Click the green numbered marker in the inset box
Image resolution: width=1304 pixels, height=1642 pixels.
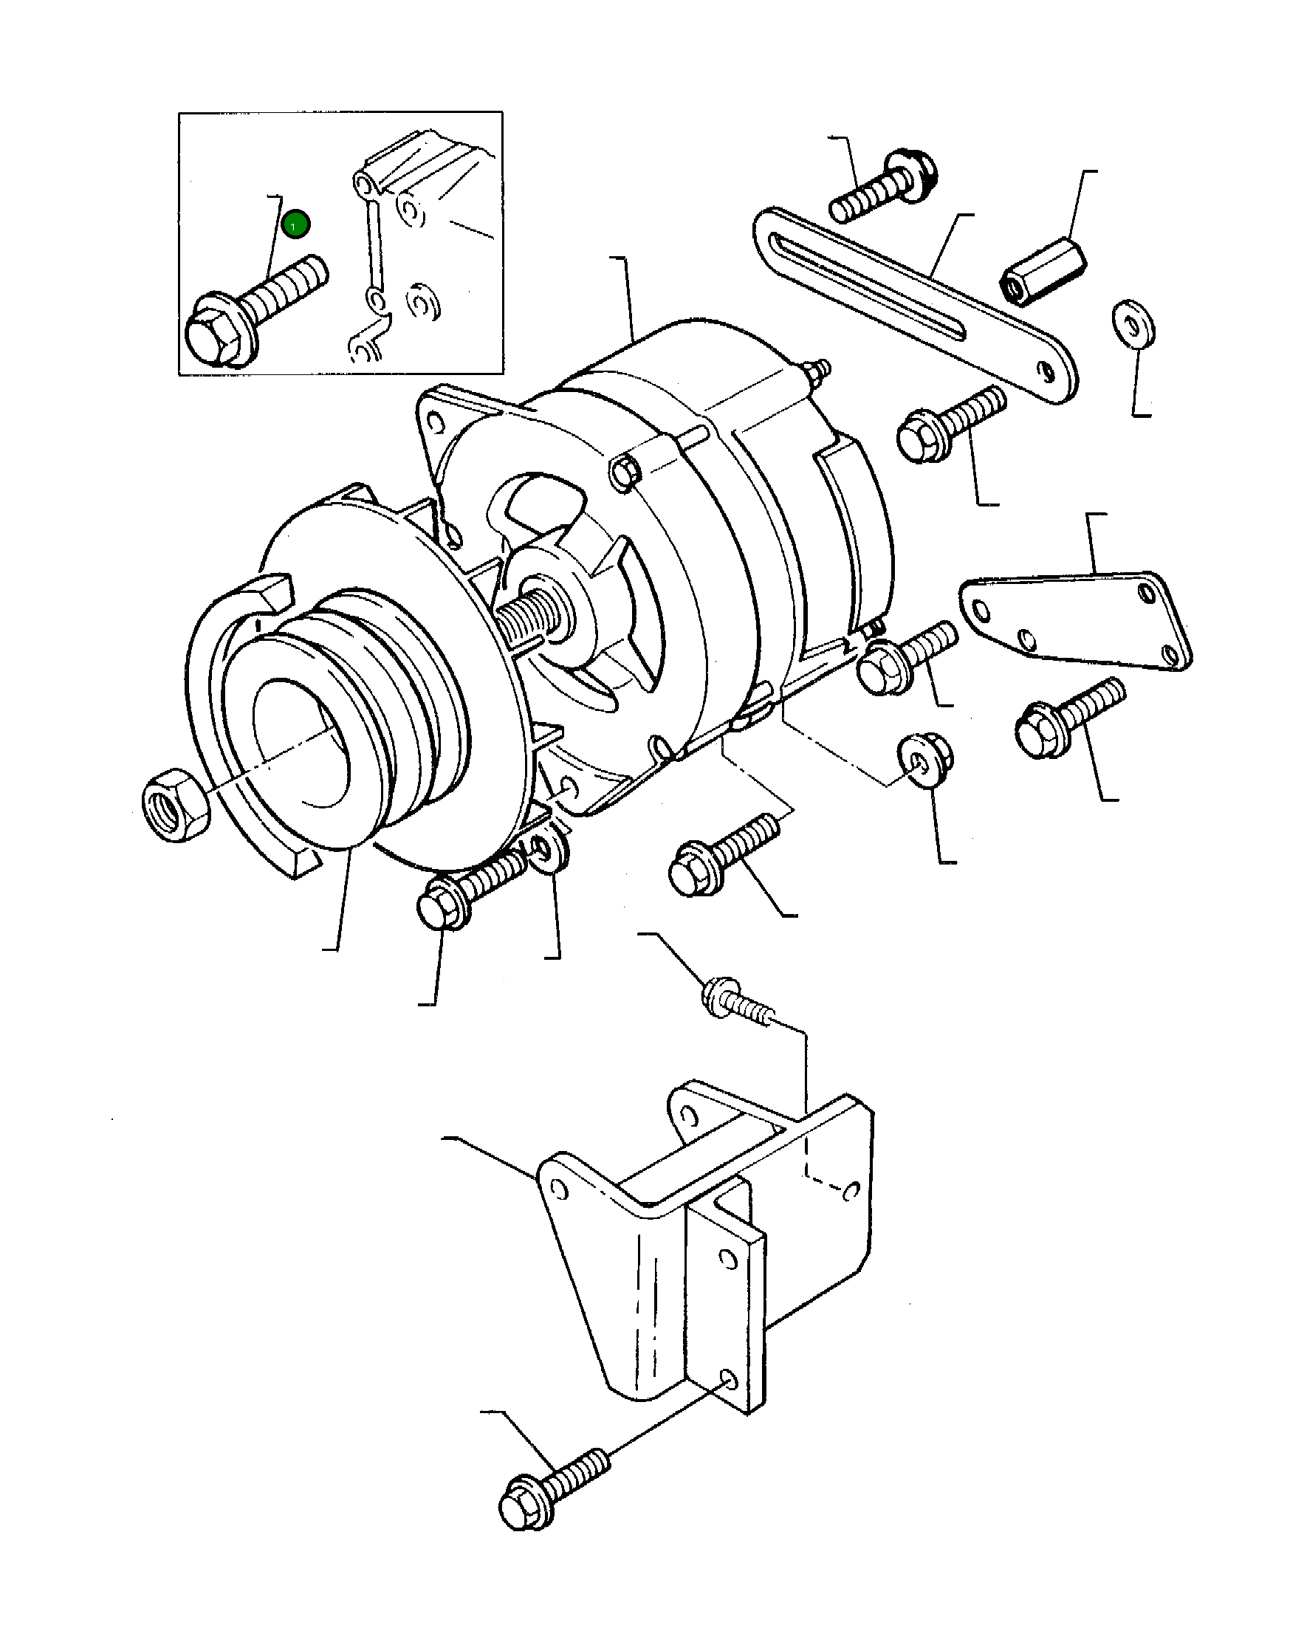click(295, 224)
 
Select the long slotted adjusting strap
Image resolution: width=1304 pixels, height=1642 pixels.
click(914, 305)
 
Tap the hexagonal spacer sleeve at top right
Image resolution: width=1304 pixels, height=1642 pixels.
click(1042, 271)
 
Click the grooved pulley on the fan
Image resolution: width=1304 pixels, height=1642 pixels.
click(358, 716)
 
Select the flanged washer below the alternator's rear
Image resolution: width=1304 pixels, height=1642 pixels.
click(926, 758)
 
